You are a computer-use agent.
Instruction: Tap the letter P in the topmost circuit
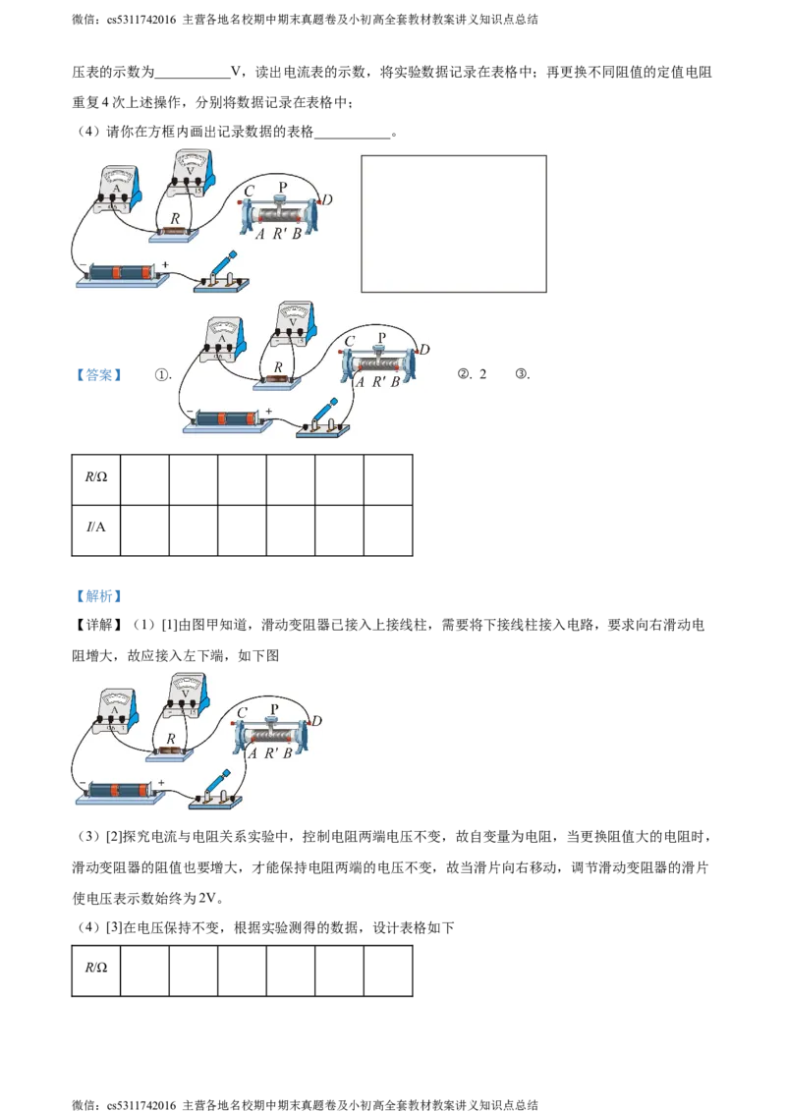click(284, 187)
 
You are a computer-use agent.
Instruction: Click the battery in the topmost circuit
click(121, 271)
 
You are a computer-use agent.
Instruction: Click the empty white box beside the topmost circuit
click(453, 223)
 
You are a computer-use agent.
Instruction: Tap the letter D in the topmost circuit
click(327, 201)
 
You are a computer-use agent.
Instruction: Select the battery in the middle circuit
click(226, 418)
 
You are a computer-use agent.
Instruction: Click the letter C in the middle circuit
click(350, 342)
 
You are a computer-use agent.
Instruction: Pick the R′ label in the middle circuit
click(377, 382)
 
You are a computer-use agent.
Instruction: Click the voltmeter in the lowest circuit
click(187, 695)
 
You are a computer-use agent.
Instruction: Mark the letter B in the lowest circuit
click(288, 753)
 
